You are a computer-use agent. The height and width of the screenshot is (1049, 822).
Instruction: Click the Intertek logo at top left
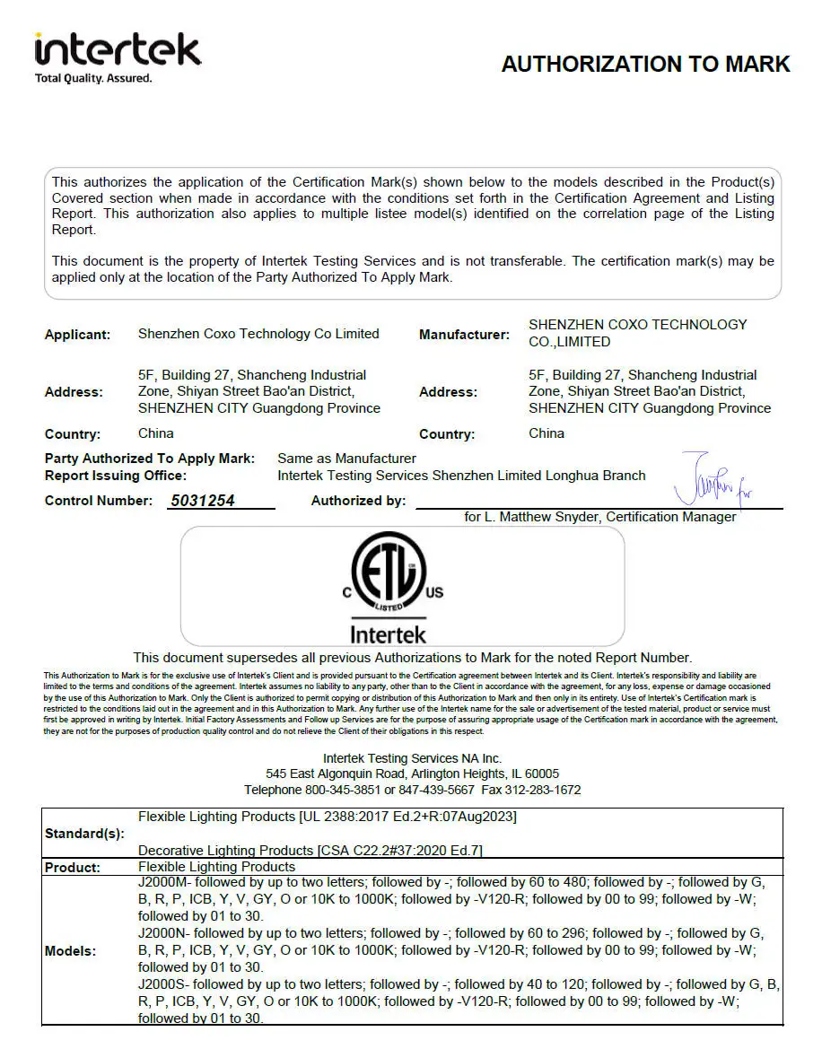(117, 50)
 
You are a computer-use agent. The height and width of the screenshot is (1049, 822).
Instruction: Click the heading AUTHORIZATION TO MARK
(645, 65)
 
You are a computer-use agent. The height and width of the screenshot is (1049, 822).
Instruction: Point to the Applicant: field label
(78, 335)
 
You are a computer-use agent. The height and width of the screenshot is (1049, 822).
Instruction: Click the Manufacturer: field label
(464, 335)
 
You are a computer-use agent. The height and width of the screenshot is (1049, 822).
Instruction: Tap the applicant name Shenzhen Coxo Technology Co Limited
(258, 334)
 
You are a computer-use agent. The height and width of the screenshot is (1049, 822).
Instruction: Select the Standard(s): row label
(84, 834)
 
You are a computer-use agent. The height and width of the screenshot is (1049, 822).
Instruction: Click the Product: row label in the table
(73, 868)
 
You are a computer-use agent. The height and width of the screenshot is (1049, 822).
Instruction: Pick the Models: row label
(70, 950)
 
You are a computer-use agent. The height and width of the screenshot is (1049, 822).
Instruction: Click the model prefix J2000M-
(166, 883)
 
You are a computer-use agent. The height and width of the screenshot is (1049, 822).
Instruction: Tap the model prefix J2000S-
(165, 984)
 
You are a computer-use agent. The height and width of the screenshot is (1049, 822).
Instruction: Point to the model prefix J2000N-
(165, 933)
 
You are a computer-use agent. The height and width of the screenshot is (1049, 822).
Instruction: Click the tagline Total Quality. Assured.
(93, 78)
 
